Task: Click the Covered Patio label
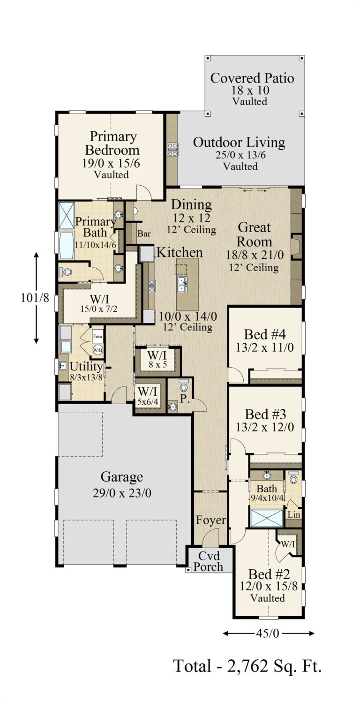[252, 78]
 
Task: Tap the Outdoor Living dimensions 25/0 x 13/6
[239, 155]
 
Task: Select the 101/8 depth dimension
[35, 297]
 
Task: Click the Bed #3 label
[266, 415]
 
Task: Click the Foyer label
[211, 521]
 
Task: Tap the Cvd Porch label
[209, 560]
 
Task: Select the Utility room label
[86, 366]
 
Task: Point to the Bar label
[143, 234]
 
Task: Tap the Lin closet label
[293, 514]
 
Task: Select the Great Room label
[255, 234]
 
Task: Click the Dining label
[191, 205]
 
